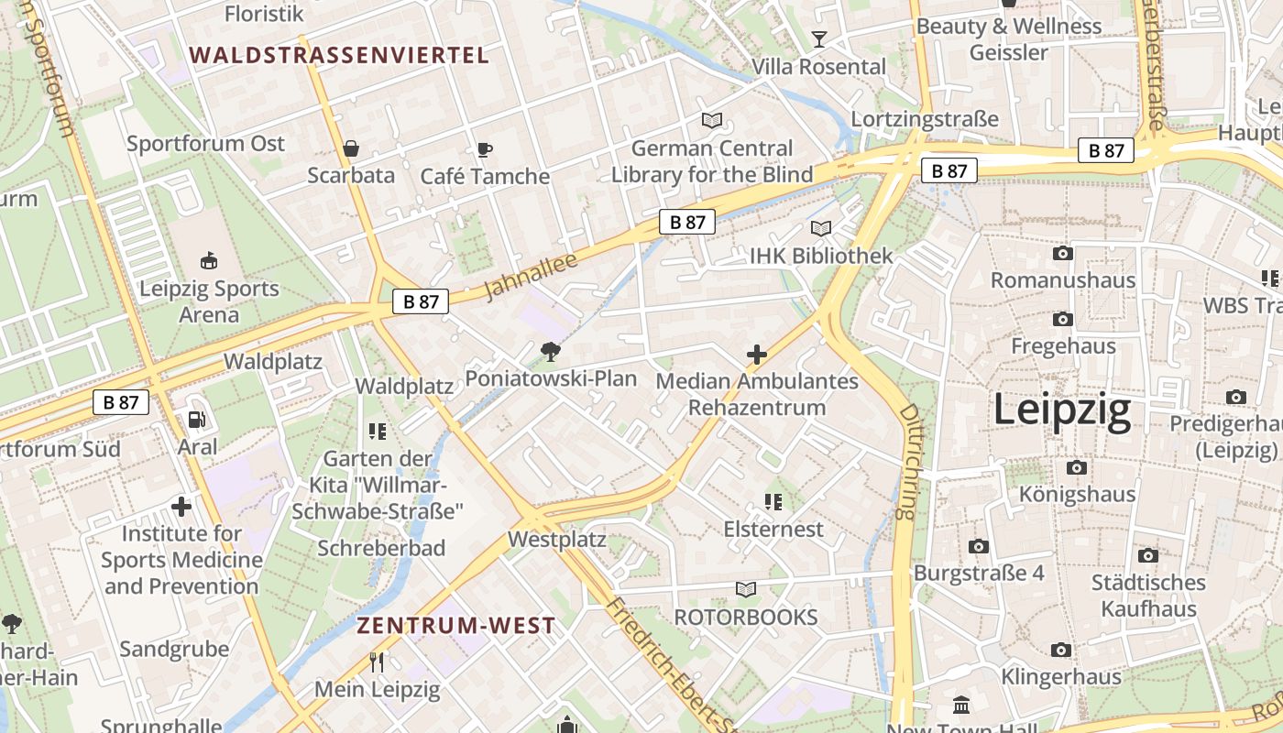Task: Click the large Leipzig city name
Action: click(1062, 411)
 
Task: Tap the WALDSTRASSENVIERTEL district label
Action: click(339, 55)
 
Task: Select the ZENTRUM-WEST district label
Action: click(455, 626)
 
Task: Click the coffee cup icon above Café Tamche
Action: click(484, 149)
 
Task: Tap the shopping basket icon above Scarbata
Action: click(350, 148)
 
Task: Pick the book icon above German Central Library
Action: click(711, 120)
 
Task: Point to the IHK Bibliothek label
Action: click(820, 256)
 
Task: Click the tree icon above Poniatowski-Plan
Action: click(550, 351)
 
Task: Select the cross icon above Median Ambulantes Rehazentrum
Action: click(757, 355)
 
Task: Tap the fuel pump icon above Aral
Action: click(197, 420)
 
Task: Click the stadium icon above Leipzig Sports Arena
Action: click(209, 261)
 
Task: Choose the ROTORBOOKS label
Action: click(745, 617)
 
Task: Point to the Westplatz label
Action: click(556, 540)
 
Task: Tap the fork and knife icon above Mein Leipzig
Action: click(377, 662)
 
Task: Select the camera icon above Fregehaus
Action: click(1063, 319)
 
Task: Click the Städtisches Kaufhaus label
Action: click(1148, 596)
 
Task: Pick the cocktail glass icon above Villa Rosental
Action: click(818, 38)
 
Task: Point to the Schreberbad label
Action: click(381, 548)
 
